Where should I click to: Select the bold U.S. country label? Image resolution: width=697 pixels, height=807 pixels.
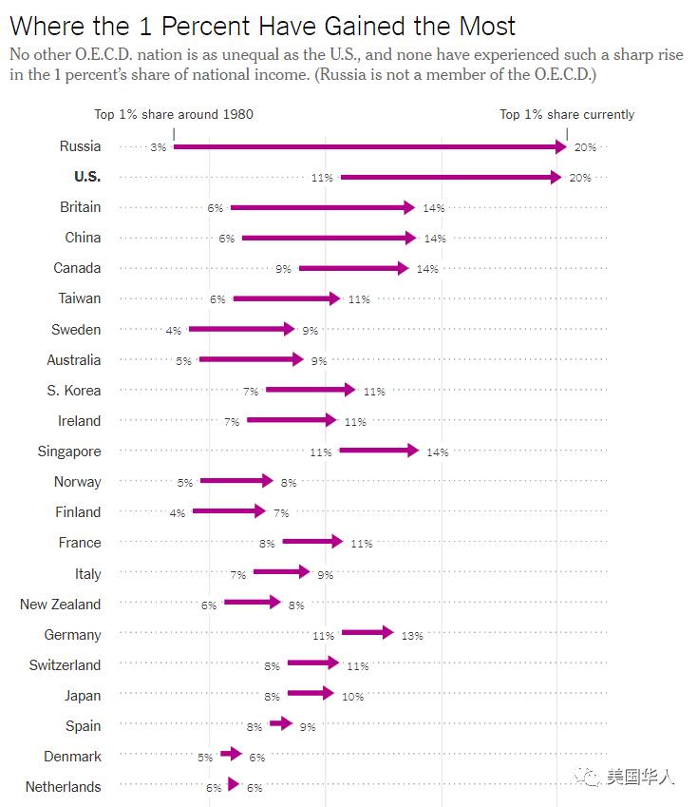click(x=86, y=177)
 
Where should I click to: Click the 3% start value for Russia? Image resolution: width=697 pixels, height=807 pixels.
click(x=158, y=147)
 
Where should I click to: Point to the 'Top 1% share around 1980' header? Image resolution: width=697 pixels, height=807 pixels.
click(x=174, y=114)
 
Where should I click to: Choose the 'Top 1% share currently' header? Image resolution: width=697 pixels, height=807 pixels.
click(x=567, y=114)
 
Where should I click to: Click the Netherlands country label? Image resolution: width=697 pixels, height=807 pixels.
click(x=63, y=787)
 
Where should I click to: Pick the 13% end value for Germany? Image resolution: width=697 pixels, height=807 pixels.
click(x=411, y=636)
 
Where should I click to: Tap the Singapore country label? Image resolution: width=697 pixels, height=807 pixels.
click(x=68, y=452)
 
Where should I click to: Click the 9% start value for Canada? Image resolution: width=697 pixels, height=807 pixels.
click(x=283, y=269)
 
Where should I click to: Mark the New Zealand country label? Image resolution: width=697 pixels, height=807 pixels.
click(x=60, y=605)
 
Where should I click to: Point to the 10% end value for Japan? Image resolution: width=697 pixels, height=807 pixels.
click(x=352, y=697)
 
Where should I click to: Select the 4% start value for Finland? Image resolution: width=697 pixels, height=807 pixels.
click(x=177, y=513)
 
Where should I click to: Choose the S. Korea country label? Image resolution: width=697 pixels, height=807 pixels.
click(x=73, y=391)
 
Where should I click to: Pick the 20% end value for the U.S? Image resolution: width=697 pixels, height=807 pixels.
click(x=580, y=178)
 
